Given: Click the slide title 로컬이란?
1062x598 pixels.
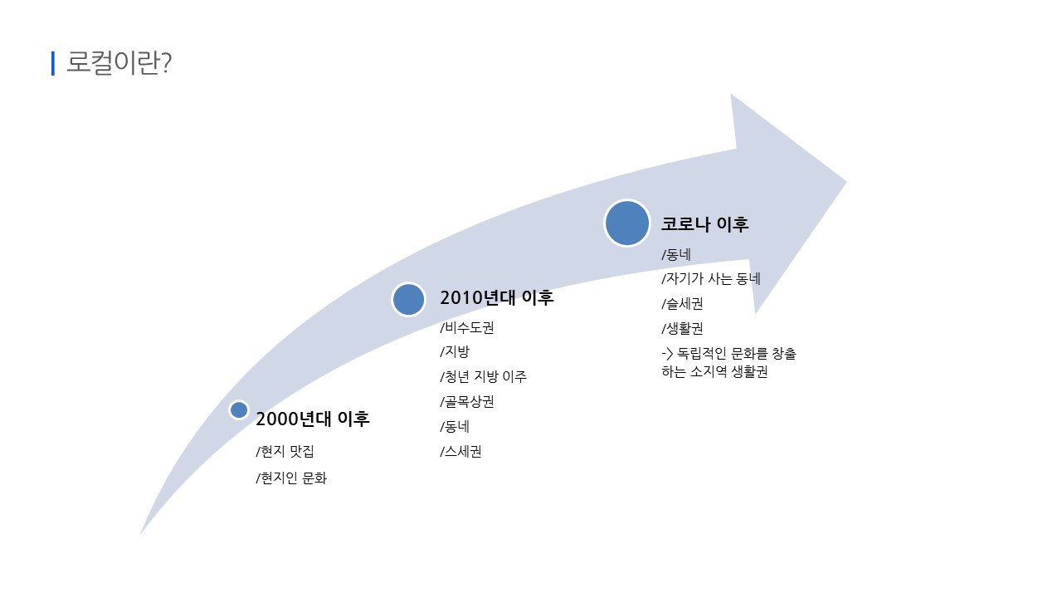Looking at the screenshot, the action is click(x=119, y=63).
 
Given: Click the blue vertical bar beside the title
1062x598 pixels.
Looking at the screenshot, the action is click(x=53, y=63).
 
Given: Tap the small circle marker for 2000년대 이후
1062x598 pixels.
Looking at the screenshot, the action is click(x=239, y=409).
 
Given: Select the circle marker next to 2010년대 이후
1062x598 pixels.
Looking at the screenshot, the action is click(x=408, y=299).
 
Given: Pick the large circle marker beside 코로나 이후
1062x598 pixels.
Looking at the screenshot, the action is click(x=627, y=223).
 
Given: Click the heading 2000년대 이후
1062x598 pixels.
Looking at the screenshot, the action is click(x=312, y=419).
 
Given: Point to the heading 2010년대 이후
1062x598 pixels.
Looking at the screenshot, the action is click(x=496, y=298).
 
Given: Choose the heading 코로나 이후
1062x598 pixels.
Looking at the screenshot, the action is click(x=704, y=224).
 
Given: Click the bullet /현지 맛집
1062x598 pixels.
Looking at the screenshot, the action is click(x=285, y=452).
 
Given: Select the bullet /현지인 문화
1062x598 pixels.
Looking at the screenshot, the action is click(x=291, y=478).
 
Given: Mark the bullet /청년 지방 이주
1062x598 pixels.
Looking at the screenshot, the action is click(x=483, y=376).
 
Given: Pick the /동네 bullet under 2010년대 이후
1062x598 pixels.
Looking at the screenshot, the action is click(x=455, y=427).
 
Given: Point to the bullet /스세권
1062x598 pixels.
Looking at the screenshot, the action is click(x=460, y=452).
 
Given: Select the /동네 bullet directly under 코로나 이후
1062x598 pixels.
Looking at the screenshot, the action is click(x=676, y=254).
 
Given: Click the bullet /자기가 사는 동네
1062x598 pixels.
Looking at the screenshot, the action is click(x=710, y=279).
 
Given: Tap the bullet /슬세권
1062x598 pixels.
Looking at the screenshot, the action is click(x=682, y=304).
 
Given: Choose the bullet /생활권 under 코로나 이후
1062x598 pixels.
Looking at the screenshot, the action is click(x=682, y=328).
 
